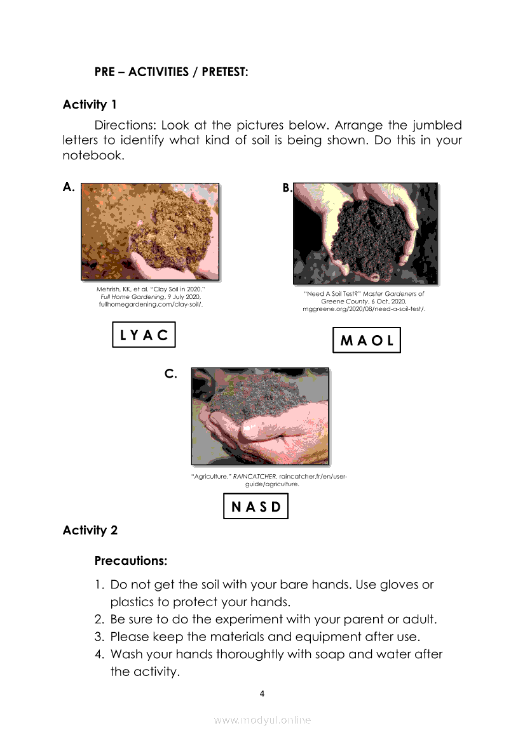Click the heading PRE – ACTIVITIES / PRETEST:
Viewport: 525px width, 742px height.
coord(171,72)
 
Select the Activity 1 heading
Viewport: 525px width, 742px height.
coord(90,105)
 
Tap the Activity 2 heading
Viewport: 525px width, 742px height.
coord(90,530)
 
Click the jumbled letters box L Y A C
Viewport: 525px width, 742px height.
coord(144,335)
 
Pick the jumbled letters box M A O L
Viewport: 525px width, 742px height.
coord(367,340)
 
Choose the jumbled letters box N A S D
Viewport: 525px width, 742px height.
coord(256,507)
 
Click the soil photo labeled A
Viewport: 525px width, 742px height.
coord(150,232)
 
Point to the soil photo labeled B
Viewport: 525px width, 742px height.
coord(365,233)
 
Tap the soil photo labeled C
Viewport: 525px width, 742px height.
coord(260,416)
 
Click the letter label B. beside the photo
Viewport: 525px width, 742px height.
coord(287,187)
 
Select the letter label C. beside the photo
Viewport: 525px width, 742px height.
coord(170,374)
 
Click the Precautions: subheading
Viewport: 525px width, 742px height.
coord(131,561)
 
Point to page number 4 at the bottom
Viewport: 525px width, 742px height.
coord(262,693)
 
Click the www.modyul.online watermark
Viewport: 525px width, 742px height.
coord(262,720)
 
